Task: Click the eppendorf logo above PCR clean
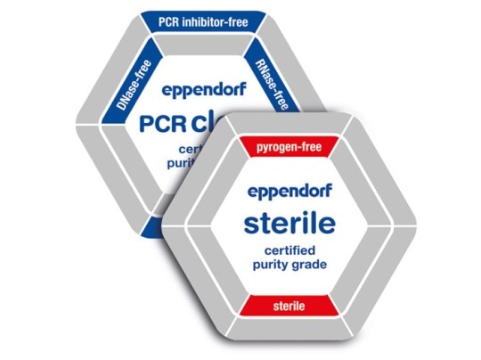pos(202,89)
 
